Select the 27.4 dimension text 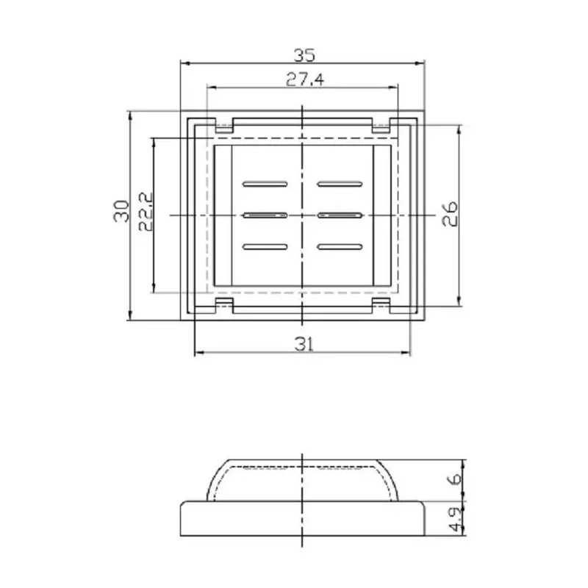304,80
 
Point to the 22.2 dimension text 145,212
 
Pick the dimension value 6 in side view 455,479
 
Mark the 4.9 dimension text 455,519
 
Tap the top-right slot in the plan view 340,182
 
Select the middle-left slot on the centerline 265,215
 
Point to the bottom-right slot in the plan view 340,247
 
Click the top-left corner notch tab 223,126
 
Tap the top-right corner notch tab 381,126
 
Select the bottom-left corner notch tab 223,304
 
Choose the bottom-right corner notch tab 381,304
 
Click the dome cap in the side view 304,481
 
